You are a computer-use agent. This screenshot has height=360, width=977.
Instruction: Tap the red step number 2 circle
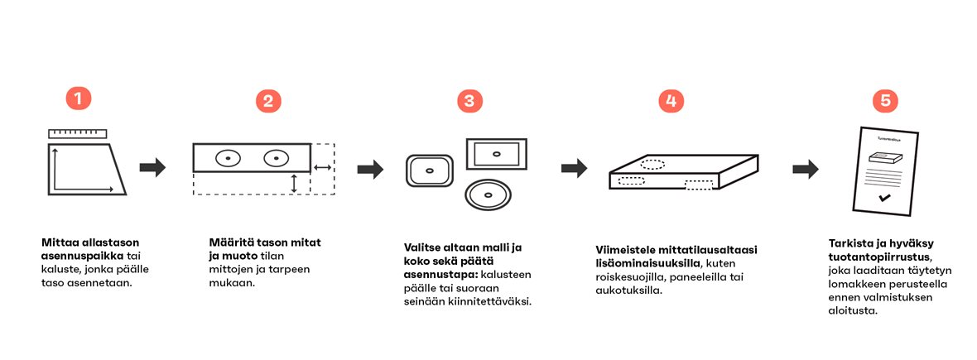click(x=267, y=101)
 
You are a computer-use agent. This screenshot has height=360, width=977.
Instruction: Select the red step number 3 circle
click(x=469, y=101)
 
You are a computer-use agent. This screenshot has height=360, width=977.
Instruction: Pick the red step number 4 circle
click(x=671, y=101)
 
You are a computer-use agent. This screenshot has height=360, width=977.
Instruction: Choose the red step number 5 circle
click(x=885, y=101)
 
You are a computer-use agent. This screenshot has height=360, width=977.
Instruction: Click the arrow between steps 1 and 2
click(x=152, y=168)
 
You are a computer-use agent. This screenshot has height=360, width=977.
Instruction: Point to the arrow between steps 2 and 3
click(x=369, y=169)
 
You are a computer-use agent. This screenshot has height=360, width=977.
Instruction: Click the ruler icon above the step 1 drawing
click(x=78, y=132)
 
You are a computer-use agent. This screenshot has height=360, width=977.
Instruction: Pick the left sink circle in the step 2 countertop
click(x=228, y=157)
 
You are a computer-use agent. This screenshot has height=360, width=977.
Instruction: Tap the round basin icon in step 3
click(x=488, y=195)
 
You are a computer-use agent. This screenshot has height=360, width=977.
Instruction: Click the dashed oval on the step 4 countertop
click(x=652, y=164)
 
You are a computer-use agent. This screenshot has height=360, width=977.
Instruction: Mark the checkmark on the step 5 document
click(x=885, y=198)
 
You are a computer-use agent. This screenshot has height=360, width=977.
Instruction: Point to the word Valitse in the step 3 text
click(x=424, y=247)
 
